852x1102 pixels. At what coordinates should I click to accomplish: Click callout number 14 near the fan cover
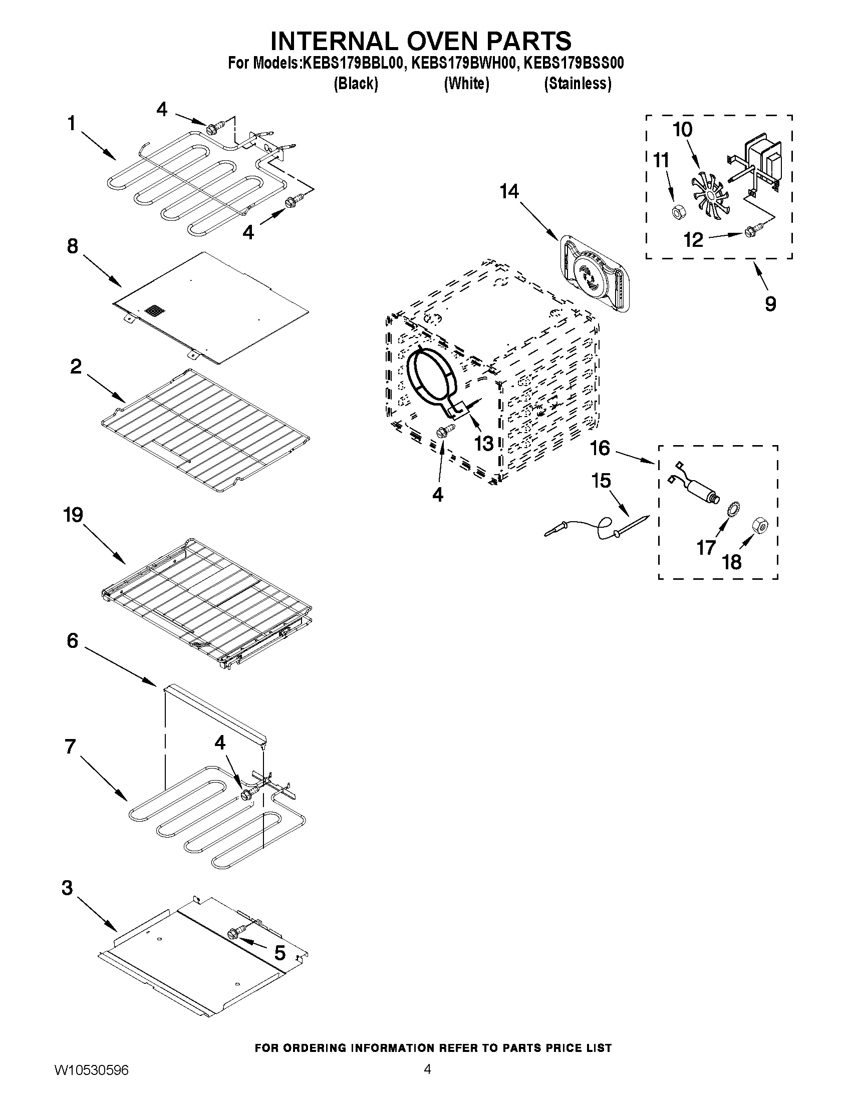pyautogui.click(x=509, y=191)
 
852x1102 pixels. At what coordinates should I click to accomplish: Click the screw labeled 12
pyautogui.click(x=749, y=232)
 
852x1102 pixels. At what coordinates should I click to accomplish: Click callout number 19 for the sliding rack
pyautogui.click(x=73, y=515)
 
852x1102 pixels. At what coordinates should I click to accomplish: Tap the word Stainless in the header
pyautogui.click(x=578, y=84)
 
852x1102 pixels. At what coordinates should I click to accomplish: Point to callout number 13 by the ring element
pyautogui.click(x=483, y=443)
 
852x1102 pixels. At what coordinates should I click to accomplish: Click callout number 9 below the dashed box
pyautogui.click(x=770, y=304)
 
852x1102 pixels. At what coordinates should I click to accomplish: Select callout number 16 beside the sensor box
pyautogui.click(x=600, y=448)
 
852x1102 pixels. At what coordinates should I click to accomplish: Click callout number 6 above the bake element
pyautogui.click(x=72, y=641)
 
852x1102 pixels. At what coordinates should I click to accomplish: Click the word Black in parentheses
pyautogui.click(x=356, y=84)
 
